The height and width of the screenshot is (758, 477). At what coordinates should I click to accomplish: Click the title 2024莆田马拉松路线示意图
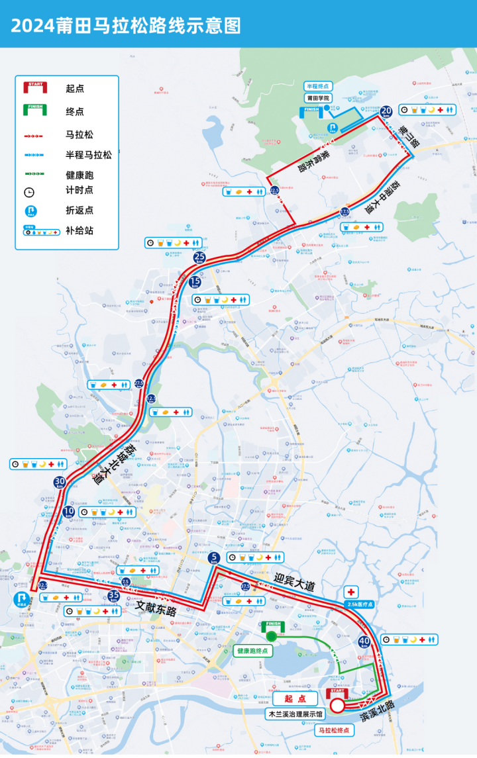pos(126,25)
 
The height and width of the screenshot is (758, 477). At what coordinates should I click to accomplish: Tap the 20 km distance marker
pos(386,112)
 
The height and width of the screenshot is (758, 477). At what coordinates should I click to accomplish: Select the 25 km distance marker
pos(199,258)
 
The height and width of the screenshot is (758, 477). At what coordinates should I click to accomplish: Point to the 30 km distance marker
pos(60,483)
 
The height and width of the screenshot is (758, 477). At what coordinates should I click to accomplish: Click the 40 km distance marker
pos(364,641)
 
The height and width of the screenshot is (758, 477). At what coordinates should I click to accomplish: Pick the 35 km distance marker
pos(113,596)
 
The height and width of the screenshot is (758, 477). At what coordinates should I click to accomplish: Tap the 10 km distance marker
pos(69,512)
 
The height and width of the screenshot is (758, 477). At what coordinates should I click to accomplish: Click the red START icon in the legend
pos(34,87)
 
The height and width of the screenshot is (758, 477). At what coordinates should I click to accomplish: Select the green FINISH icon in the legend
pos(34,111)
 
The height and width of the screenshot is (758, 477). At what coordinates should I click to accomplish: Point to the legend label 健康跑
pos(79,175)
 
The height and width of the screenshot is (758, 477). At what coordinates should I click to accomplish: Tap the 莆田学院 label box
pos(317,97)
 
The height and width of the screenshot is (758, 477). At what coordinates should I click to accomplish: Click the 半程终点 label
pos(317,86)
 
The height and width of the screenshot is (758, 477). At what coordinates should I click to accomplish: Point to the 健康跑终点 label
pos(253,651)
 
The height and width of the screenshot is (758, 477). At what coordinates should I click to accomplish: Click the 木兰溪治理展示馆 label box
pos(294,714)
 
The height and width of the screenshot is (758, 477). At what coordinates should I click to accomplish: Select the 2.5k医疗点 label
pos(360,604)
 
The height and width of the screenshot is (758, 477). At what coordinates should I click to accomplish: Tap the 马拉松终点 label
pos(334,730)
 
